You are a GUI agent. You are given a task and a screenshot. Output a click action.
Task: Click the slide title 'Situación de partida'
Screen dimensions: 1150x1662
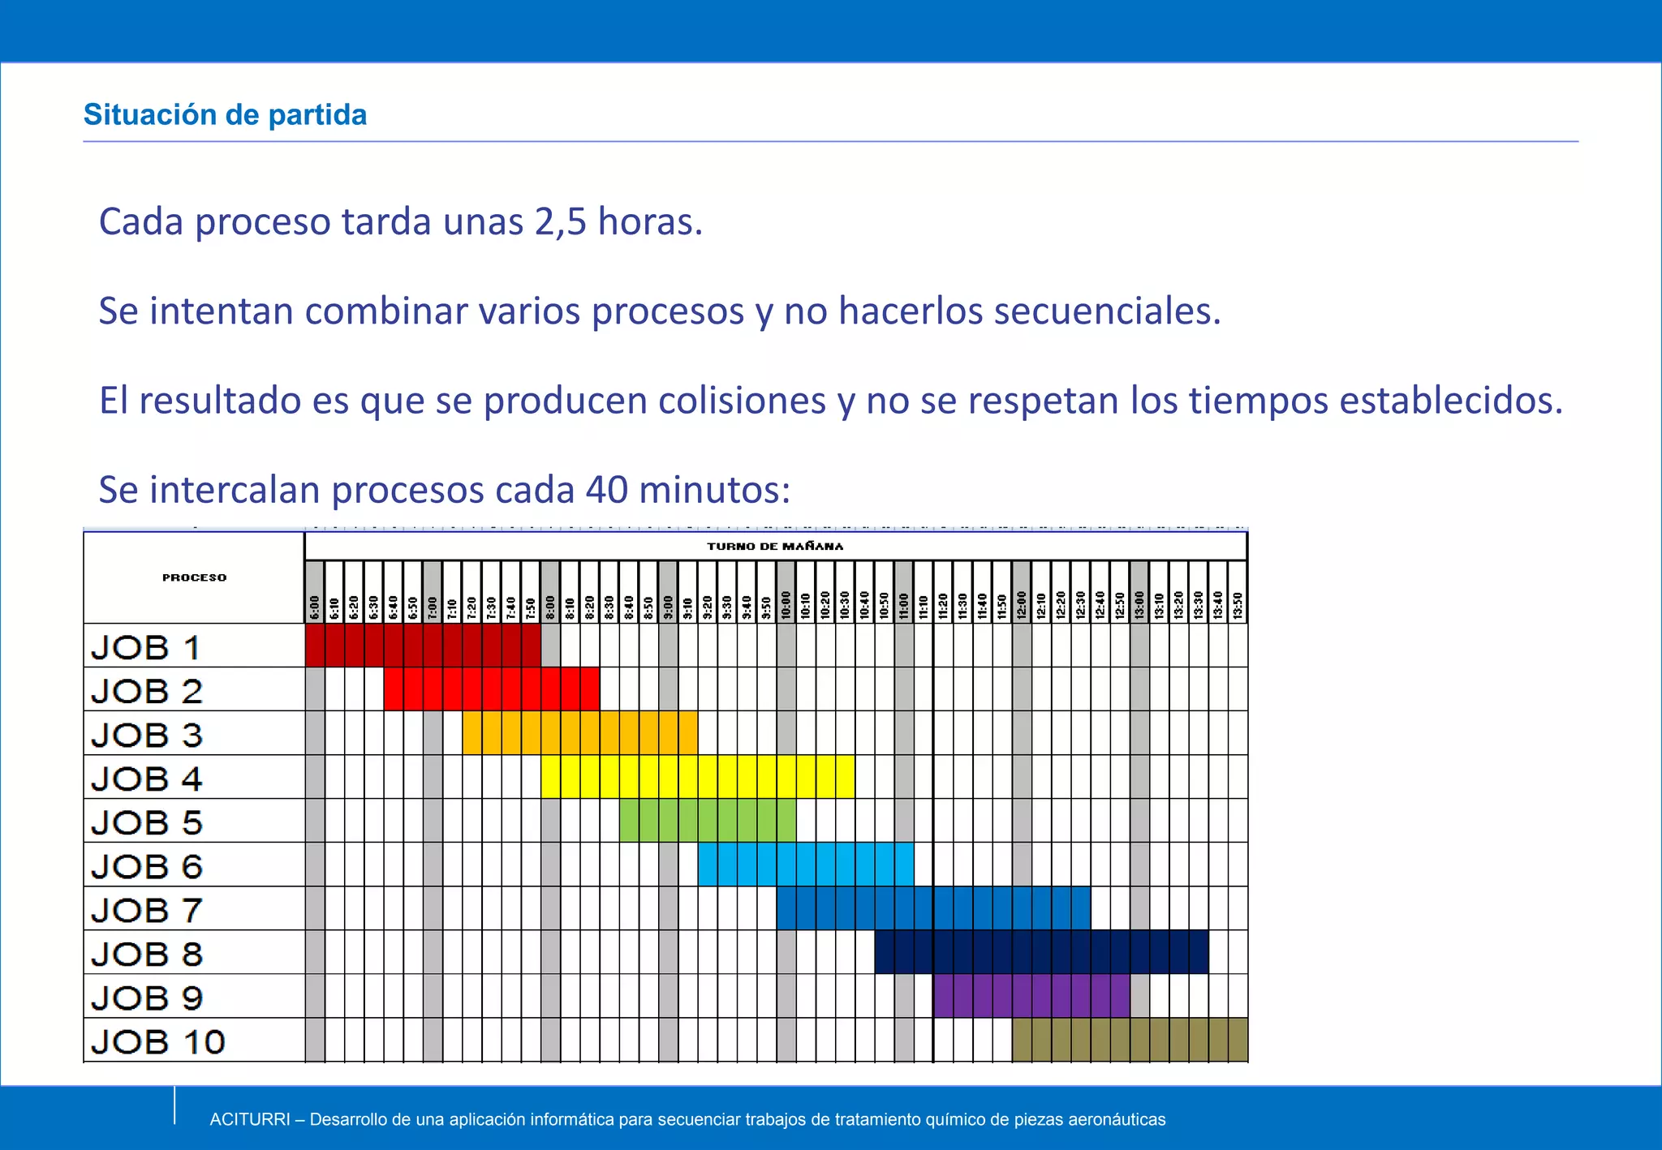click(x=225, y=115)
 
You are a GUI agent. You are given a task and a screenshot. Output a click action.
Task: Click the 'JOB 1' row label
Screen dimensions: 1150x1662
click(x=146, y=647)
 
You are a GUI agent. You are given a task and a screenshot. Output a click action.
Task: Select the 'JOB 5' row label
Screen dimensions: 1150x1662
click(x=147, y=822)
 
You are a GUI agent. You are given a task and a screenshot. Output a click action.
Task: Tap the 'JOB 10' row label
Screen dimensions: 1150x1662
click(x=157, y=1041)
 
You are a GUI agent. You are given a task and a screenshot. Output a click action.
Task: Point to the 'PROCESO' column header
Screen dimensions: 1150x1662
click(x=194, y=577)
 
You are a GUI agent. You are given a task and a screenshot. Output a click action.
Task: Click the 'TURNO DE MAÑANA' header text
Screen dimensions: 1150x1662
click(x=775, y=546)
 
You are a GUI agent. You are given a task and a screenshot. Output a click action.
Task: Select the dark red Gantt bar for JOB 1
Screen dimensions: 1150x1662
click(x=423, y=646)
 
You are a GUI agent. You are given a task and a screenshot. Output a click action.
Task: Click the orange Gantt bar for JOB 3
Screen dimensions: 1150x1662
click(x=579, y=733)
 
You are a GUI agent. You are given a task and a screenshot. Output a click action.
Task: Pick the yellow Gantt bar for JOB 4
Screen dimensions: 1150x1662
click(x=697, y=777)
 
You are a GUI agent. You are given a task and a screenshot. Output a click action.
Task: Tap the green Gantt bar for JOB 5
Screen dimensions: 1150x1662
click(x=707, y=821)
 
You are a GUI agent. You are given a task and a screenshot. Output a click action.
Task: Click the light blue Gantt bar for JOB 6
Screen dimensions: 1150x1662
click(x=806, y=865)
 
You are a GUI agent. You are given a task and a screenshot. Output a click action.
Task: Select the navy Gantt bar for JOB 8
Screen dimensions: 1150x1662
click(x=1041, y=952)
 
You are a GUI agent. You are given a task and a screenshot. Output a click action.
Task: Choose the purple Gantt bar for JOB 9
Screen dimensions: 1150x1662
click(x=1031, y=996)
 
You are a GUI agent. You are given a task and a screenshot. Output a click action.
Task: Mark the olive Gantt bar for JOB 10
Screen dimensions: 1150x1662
click(x=1130, y=1040)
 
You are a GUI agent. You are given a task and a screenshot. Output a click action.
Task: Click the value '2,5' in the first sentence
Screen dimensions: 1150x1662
click(x=560, y=221)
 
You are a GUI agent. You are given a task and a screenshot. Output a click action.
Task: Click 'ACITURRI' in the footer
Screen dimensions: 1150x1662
click(x=250, y=1120)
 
